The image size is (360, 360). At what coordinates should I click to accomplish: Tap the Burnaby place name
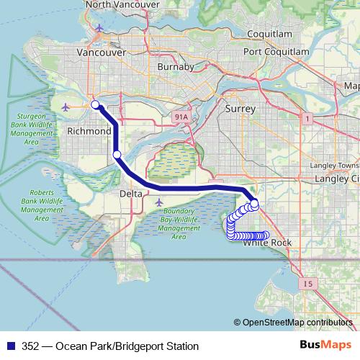176,67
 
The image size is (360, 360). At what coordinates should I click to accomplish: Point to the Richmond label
89,132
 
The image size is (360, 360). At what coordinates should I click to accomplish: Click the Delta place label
130,194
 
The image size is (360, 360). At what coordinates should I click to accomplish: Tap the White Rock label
268,243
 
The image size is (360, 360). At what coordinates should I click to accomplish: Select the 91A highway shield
181,116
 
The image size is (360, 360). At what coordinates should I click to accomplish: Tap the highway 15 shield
308,284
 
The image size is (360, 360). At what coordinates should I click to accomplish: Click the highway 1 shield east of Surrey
308,118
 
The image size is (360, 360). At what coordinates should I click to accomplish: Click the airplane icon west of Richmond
67,107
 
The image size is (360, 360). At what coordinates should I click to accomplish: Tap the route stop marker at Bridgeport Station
95,105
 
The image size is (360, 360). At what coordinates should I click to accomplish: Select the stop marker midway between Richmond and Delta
117,154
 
